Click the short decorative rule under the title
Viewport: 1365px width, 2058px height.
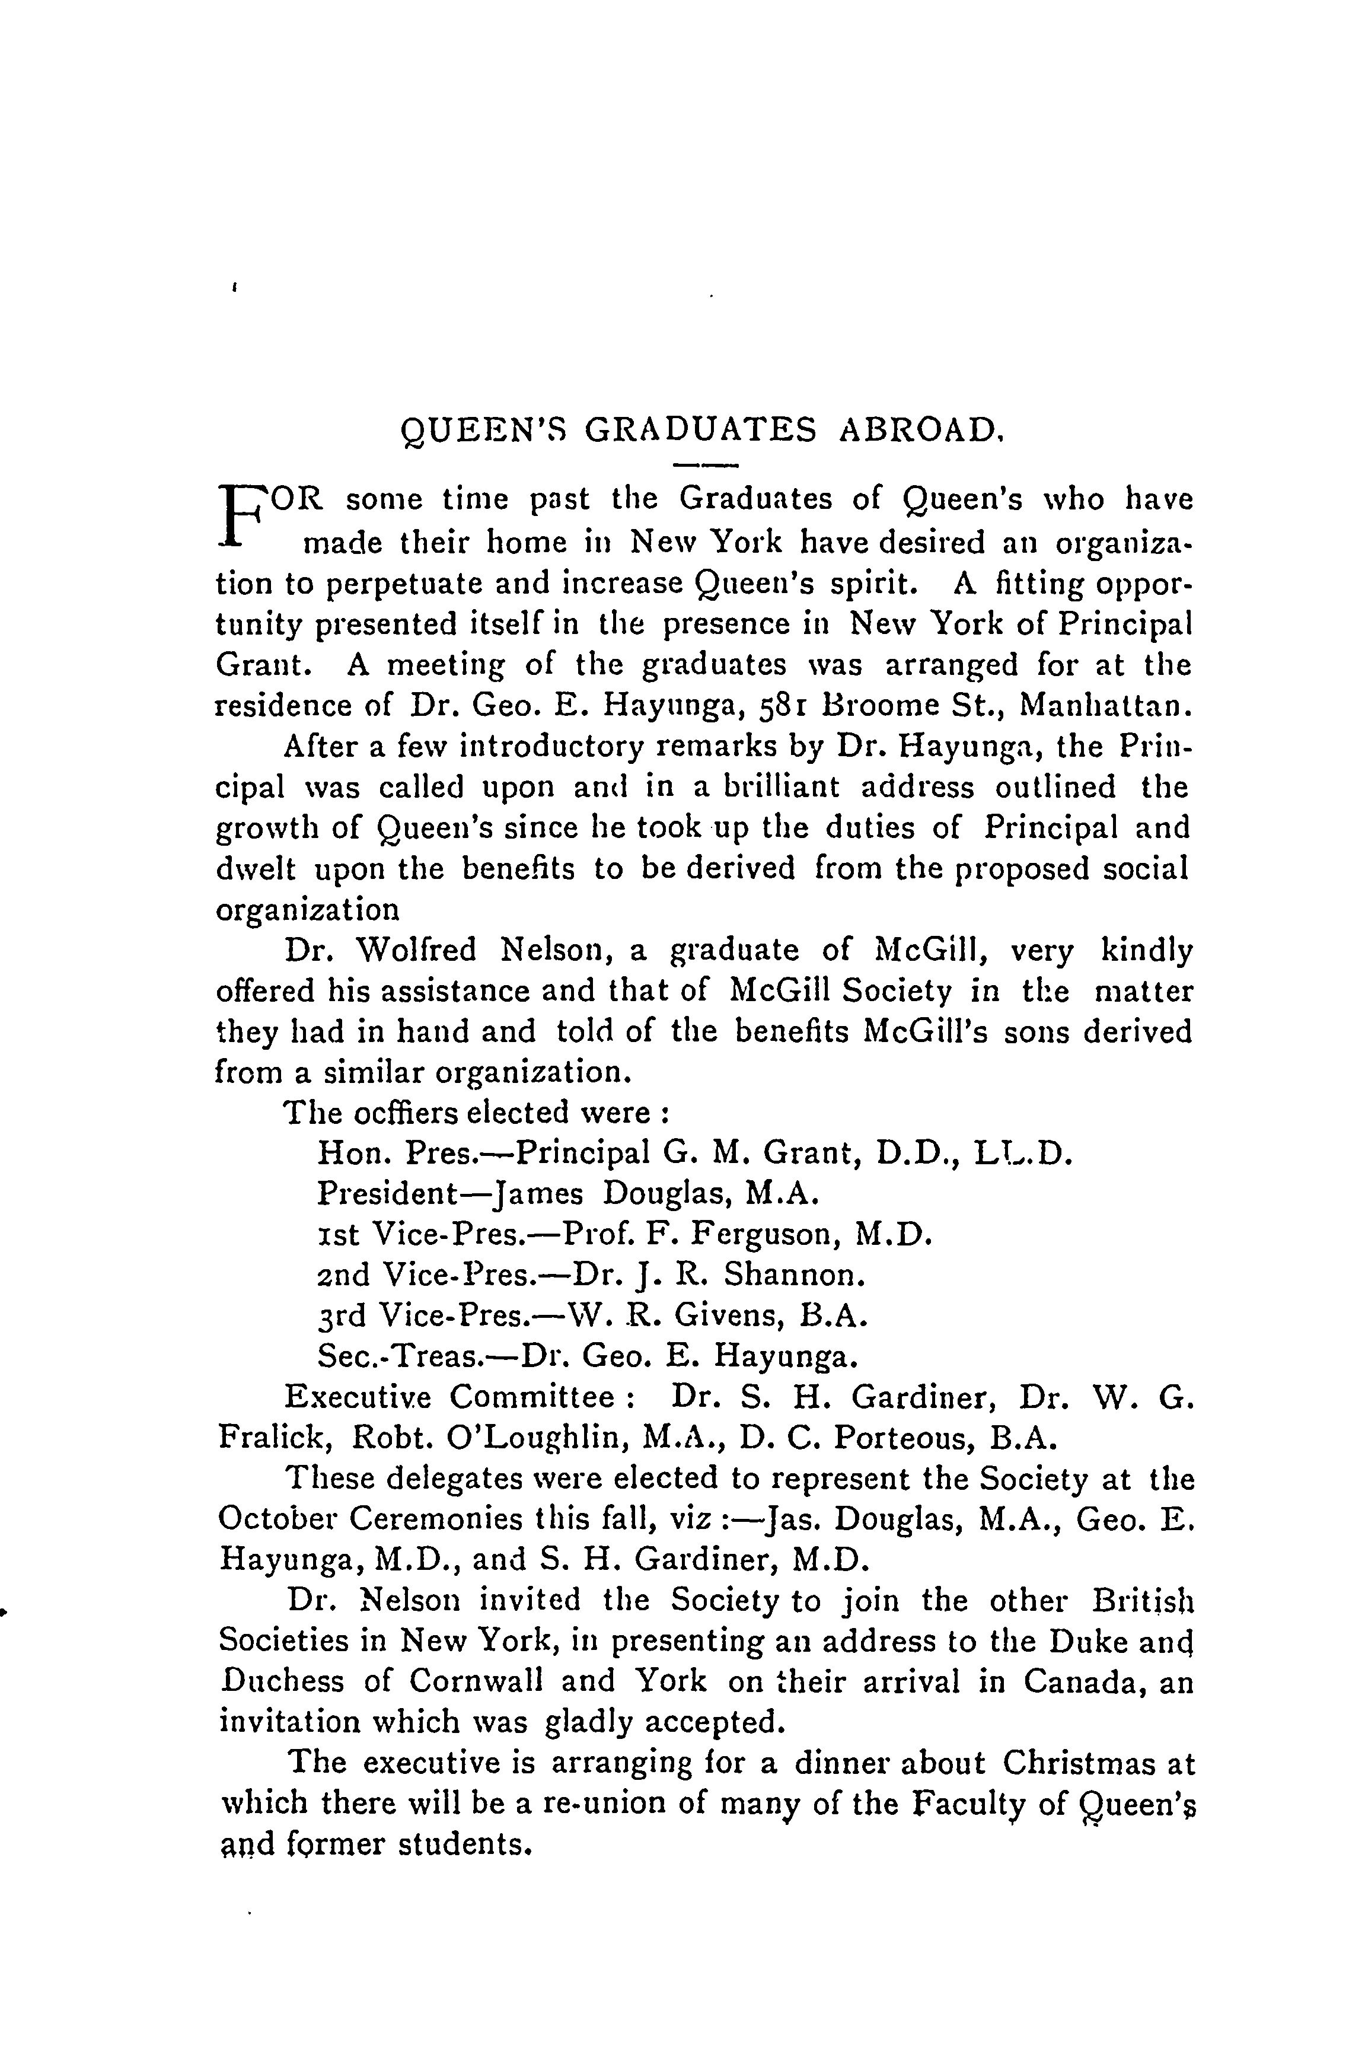(706, 465)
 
